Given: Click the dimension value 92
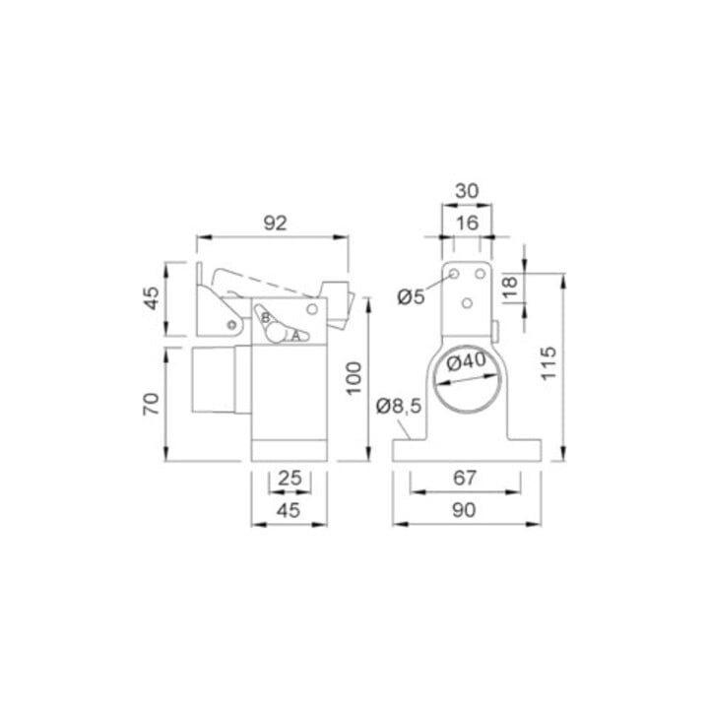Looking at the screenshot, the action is (x=275, y=223).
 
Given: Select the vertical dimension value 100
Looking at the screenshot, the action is (x=354, y=378).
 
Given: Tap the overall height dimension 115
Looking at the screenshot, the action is (x=548, y=363).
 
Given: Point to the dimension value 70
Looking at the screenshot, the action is (x=151, y=404).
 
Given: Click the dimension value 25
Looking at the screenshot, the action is (x=290, y=478).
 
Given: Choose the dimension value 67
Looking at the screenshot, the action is (x=465, y=478).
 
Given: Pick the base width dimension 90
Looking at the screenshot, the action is (x=464, y=510).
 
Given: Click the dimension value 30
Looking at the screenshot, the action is (x=467, y=191).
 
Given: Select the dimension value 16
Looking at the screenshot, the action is (x=467, y=223).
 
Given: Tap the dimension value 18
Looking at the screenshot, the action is (x=510, y=287).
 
